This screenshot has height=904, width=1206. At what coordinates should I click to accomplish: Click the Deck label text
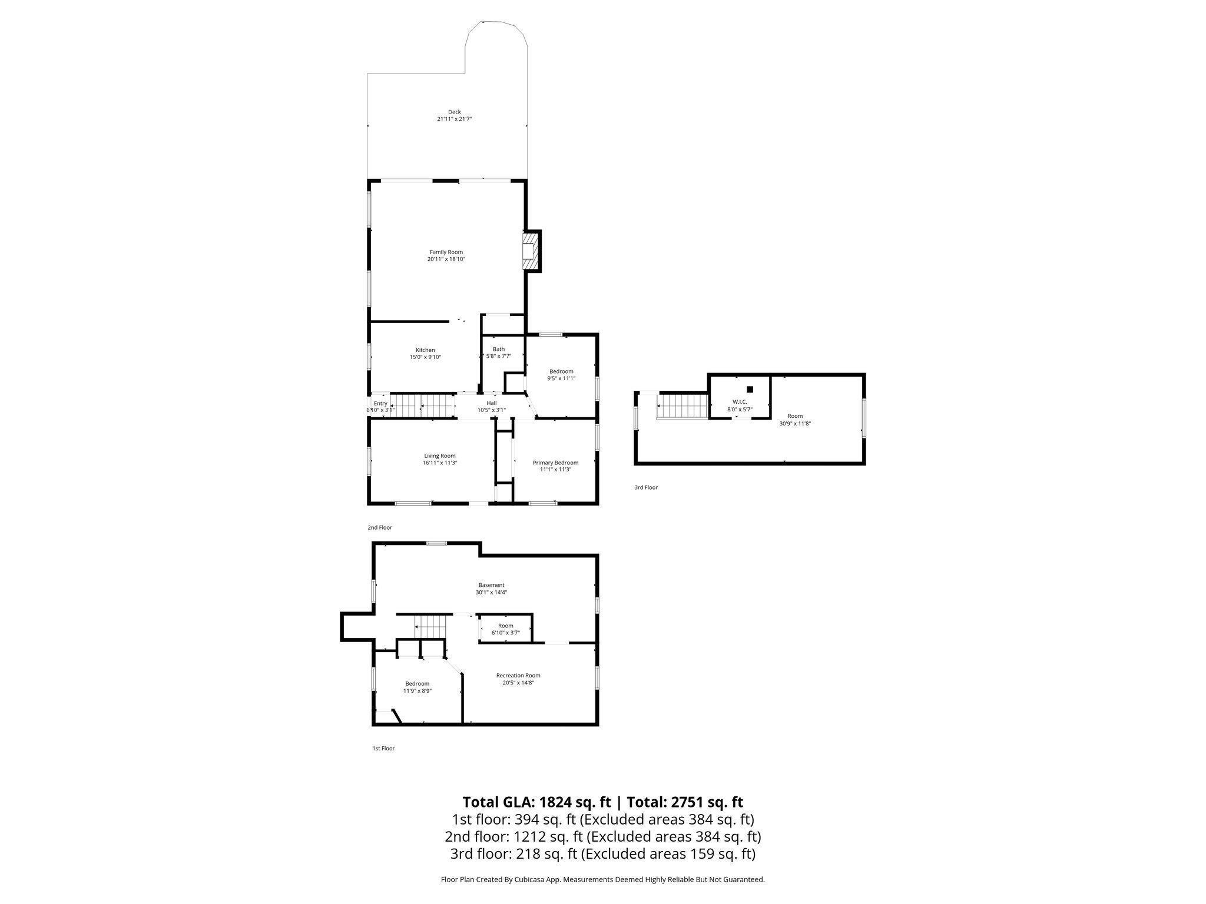[x=454, y=112]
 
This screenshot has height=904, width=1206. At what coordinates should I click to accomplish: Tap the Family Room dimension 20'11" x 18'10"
[x=446, y=259]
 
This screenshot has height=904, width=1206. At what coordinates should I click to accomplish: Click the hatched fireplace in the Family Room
[x=531, y=251]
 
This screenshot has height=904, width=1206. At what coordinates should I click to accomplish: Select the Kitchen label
[x=425, y=350]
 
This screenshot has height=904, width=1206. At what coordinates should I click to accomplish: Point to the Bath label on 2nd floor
[x=498, y=349]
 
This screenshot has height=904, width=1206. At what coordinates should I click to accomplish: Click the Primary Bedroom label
[x=555, y=463]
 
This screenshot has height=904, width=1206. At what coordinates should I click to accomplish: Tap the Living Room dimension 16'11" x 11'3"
[x=440, y=463]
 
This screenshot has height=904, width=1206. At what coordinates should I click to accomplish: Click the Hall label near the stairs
[x=491, y=403]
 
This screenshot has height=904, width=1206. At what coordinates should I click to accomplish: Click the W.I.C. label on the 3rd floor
[x=740, y=401]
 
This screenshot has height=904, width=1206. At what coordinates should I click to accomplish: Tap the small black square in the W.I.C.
[x=750, y=389]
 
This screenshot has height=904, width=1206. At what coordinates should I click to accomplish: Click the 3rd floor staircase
[x=683, y=407]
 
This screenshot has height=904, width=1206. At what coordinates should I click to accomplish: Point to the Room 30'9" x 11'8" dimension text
[x=795, y=423]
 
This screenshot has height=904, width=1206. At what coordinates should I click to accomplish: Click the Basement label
[x=491, y=585]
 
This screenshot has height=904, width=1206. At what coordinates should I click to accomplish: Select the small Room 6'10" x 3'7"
[x=505, y=629]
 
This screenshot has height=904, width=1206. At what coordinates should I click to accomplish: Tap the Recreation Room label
[x=518, y=675]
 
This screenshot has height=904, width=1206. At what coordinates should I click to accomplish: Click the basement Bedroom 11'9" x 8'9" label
[x=417, y=683]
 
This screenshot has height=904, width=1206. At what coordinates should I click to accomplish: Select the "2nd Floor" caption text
[x=380, y=527]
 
